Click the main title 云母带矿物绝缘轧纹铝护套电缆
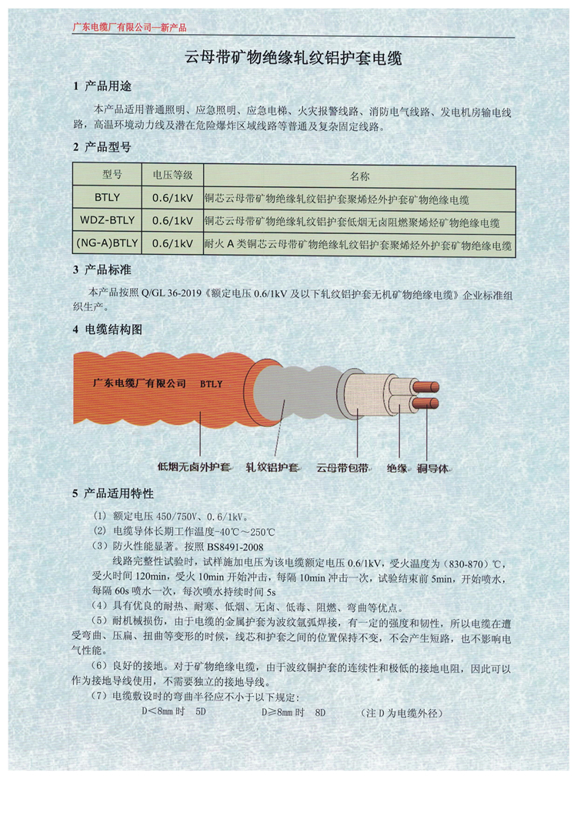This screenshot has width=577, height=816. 294,57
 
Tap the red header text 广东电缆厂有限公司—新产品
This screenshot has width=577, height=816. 129,28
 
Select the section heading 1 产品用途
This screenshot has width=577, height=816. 102,86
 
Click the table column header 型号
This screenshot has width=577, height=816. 112,174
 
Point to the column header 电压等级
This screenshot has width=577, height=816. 173,175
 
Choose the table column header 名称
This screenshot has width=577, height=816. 359,176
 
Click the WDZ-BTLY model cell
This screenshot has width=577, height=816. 107,220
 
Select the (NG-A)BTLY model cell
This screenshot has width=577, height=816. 107,243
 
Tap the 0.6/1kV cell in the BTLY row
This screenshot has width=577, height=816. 173,198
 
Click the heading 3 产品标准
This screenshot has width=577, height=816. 102,269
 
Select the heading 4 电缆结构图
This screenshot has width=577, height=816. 107,329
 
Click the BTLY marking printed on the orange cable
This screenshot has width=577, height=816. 212,384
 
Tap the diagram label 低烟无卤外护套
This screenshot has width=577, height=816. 194,467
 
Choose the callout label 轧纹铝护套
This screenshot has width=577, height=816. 272,467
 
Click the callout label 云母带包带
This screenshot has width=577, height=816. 342,468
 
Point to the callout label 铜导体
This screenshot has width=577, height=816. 433,468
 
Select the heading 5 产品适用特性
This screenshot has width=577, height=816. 113,493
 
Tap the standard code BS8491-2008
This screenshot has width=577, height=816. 235,547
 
